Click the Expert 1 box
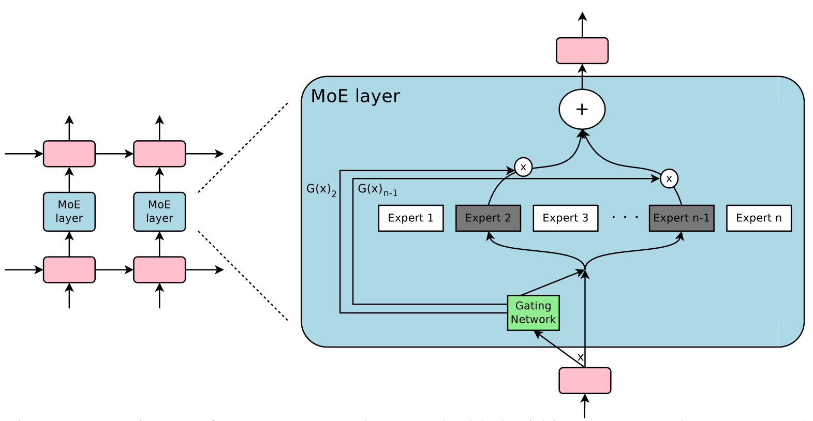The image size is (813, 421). click(410, 218)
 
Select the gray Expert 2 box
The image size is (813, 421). click(488, 218)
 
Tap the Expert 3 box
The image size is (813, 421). click(565, 218)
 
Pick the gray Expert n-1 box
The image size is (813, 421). click(681, 218)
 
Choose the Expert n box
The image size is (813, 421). click(759, 218)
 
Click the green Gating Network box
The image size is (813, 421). click(533, 313)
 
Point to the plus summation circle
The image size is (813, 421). click(582, 109)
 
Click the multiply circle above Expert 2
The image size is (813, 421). click(523, 167)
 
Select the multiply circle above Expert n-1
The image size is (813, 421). click(669, 178)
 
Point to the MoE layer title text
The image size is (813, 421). click(356, 96)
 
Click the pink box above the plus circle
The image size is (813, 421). click(582, 51)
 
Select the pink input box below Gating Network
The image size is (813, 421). click(585, 381)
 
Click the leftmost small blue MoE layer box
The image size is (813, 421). click(69, 212)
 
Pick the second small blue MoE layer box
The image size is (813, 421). click(159, 212)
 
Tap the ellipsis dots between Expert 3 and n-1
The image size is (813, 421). click(625, 218)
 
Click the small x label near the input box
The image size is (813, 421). click(580, 357)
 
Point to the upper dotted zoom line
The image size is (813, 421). click(243, 147)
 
